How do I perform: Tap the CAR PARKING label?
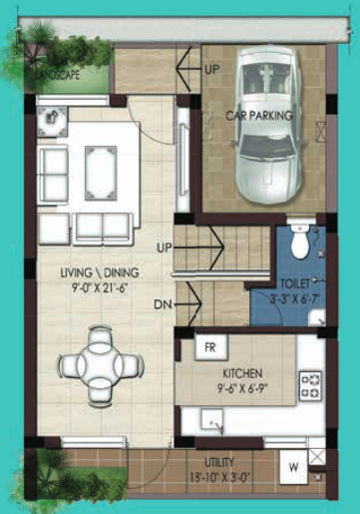[258, 116]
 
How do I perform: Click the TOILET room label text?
[294, 282]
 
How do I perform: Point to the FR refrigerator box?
[210, 348]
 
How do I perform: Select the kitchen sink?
[213, 422]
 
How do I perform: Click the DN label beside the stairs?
[164, 304]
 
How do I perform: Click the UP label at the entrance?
[211, 70]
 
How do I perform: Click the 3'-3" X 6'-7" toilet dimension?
[293, 296]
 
